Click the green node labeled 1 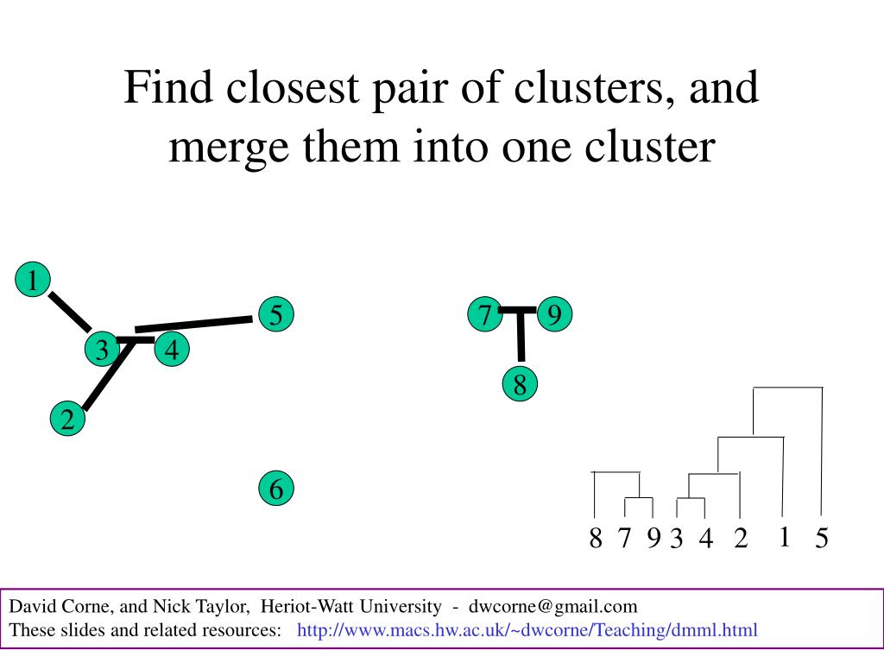[x=33, y=281]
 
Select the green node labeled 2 [x=67, y=420]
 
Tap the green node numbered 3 [x=102, y=350]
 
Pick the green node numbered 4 [x=172, y=350]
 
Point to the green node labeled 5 [x=275, y=315]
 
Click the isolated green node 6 [x=275, y=489]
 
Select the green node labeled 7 [x=485, y=315]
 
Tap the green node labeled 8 [x=520, y=385]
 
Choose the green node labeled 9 [x=554, y=315]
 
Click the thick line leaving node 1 [x=70, y=312]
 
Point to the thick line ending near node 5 [x=194, y=324]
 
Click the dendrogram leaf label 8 [x=595, y=539]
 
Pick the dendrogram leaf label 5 [x=821, y=540]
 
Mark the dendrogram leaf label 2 [x=741, y=539]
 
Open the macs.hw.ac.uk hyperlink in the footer [x=527, y=630]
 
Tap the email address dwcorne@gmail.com [x=553, y=606]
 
